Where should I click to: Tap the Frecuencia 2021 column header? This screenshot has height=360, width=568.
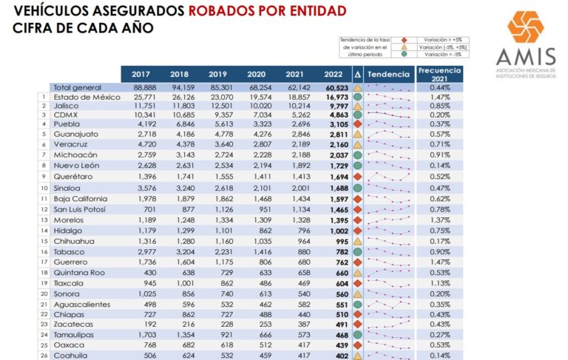click(439, 75)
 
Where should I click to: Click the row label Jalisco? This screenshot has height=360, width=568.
click(64, 106)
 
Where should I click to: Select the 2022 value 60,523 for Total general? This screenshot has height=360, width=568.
click(334, 86)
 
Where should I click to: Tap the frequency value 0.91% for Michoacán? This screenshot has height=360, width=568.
click(439, 155)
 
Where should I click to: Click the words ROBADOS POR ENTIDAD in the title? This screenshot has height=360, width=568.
click(267, 11)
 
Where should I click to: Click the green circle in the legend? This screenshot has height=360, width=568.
click(404, 54)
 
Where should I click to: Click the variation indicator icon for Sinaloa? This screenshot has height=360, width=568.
click(357, 189)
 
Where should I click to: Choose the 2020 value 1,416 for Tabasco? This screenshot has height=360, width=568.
click(257, 251)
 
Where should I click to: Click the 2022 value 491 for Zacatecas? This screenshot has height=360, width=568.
click(338, 324)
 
